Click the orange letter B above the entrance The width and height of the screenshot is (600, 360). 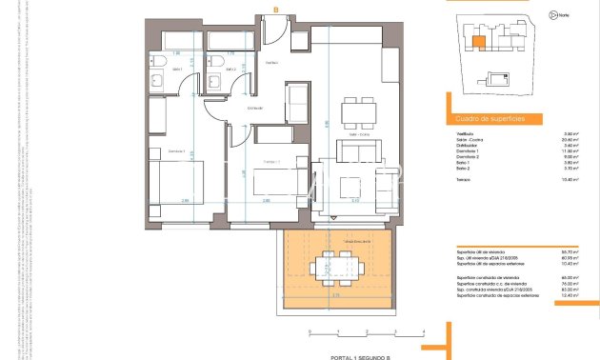pyautogui.click(x=275, y=10)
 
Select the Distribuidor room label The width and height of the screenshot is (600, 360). pyautogui.click(x=254, y=108)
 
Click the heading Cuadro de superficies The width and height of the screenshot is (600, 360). pyautogui.click(x=477, y=119)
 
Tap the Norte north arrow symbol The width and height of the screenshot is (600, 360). pyautogui.click(x=553, y=15)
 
